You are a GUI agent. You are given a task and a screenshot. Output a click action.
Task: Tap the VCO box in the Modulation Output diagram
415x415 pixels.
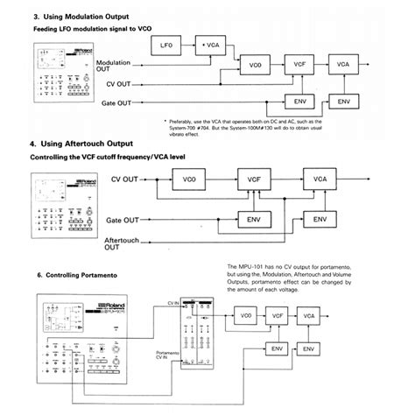[x=255, y=66]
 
